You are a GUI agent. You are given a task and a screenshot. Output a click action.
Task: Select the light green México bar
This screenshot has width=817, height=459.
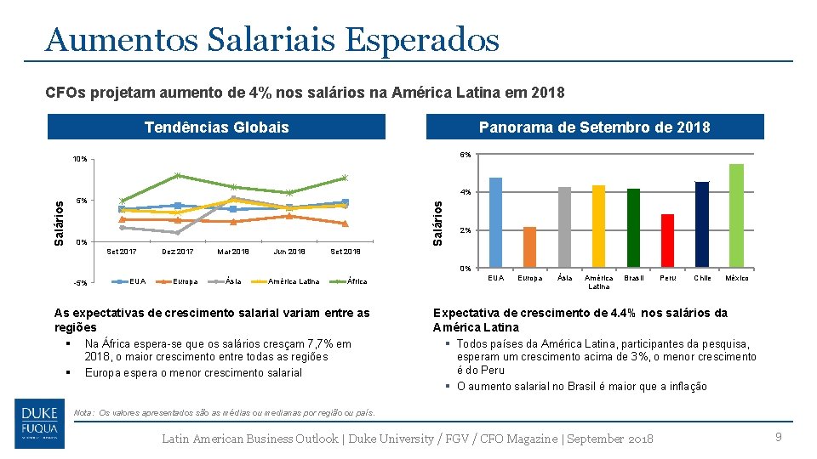(736, 216)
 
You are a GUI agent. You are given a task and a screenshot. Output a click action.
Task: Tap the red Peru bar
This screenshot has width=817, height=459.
(667, 241)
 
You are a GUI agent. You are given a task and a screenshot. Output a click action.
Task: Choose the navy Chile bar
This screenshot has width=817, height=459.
(701, 224)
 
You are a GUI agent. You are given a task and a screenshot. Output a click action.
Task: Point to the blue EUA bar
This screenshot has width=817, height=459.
(495, 223)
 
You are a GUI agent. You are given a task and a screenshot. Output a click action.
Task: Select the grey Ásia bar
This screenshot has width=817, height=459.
(564, 227)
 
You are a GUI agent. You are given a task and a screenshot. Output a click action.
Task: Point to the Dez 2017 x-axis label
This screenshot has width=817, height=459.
(178, 252)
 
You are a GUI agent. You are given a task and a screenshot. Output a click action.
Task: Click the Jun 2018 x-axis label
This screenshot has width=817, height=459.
(289, 252)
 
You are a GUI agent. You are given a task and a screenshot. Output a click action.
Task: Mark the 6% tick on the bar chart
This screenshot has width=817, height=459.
(466, 155)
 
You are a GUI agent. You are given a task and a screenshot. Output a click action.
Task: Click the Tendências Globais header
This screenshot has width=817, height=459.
(216, 127)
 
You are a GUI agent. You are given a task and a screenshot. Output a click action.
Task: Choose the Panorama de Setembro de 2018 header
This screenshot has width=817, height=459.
(594, 127)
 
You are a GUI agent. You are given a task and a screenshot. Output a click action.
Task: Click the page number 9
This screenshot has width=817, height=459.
(777, 437)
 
